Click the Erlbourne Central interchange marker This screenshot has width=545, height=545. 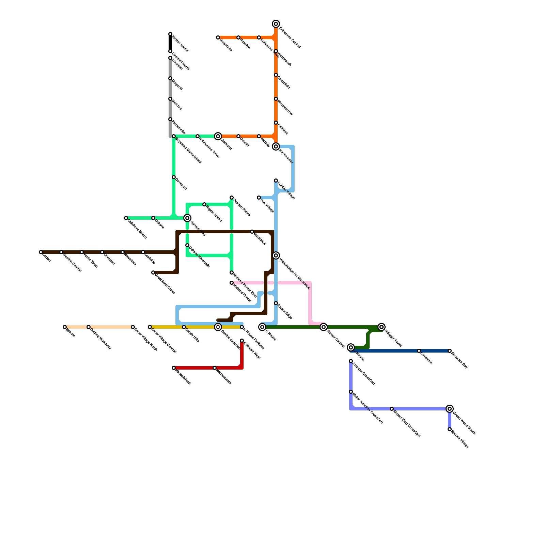[276, 24]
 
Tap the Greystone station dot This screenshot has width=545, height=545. [218, 37]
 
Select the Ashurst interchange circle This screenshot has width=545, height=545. [218, 136]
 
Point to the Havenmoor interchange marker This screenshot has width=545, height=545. [276, 146]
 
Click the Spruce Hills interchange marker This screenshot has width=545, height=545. [187, 218]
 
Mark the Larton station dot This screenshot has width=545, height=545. [41, 252]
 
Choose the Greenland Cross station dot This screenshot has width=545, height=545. [153, 272]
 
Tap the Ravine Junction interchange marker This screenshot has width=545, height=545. [218, 327]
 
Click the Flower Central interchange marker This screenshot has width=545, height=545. [324, 327]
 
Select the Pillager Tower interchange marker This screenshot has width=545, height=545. [381, 327]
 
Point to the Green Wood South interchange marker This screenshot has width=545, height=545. [450, 409]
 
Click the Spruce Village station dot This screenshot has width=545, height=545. [450, 429]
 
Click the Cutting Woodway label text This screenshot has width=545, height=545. [100, 339]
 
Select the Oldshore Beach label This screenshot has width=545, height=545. [137, 229]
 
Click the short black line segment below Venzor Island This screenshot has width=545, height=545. [170, 43]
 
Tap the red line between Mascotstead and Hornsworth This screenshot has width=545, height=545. [194, 368]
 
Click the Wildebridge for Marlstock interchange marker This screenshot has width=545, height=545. [276, 255]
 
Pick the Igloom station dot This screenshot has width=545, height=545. [65, 327]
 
